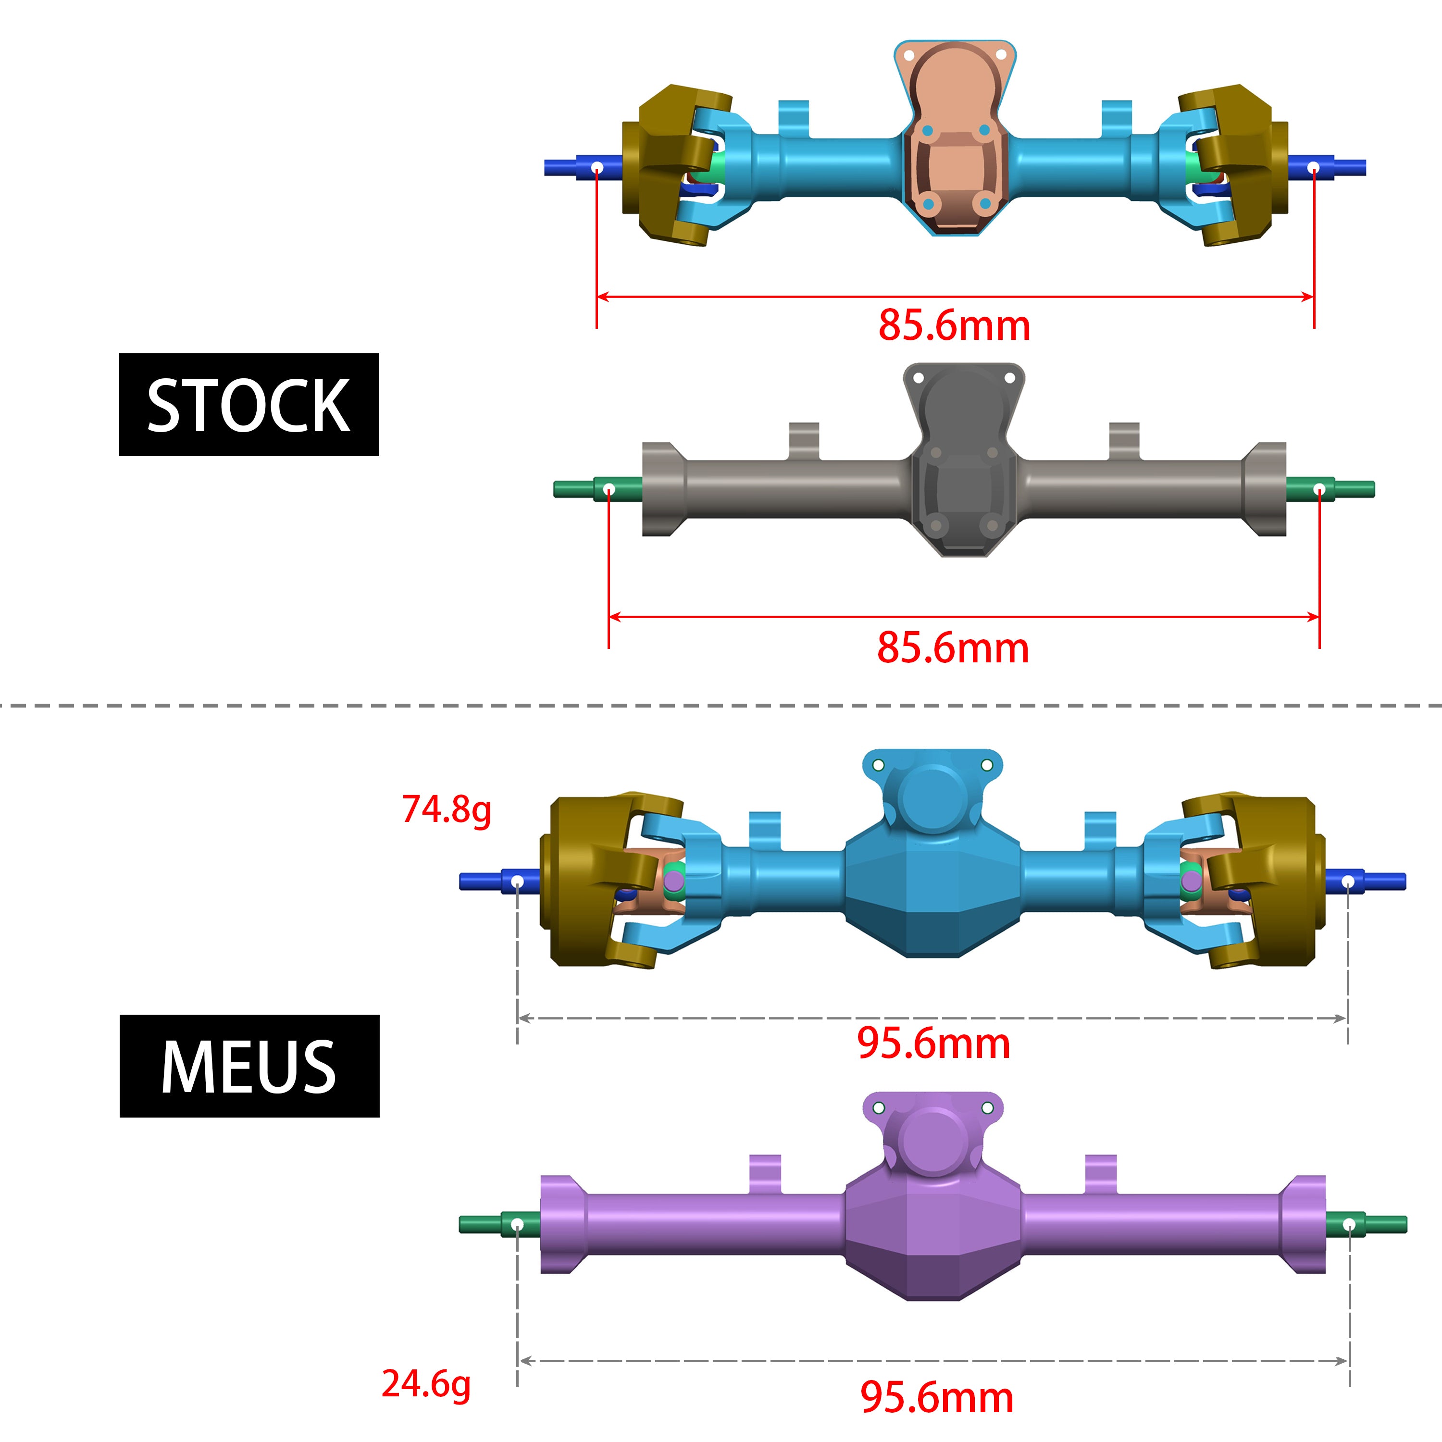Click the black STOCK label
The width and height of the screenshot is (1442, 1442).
(x=249, y=405)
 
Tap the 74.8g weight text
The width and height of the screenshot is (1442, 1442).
(x=447, y=809)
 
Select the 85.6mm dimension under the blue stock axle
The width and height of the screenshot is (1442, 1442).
(x=954, y=325)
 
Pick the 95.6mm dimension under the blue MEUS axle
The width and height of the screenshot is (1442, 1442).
(x=933, y=1043)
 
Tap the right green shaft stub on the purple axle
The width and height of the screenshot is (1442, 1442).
(x=1366, y=1225)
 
